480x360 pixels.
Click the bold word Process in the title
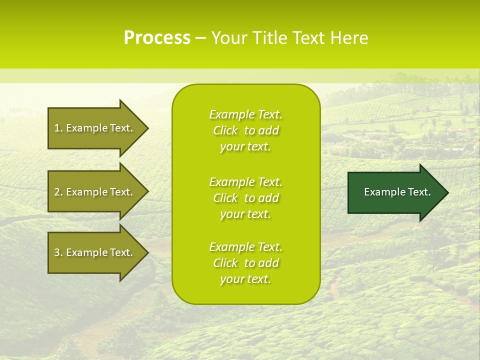[157, 38]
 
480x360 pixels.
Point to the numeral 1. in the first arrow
[58, 128]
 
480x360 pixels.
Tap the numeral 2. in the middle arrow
[58, 192]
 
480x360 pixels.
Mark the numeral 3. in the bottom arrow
[58, 252]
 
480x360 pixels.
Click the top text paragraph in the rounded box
[245, 130]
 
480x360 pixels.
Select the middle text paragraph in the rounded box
[245, 198]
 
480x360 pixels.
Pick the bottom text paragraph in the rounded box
[245, 263]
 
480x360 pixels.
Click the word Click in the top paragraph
[225, 130]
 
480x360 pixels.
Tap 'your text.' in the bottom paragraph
[245, 279]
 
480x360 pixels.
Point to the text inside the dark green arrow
[397, 192]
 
